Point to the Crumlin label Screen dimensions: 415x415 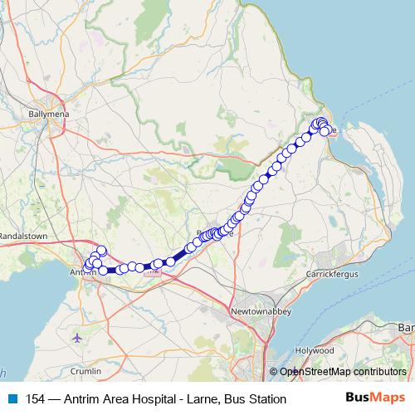coord(86,369)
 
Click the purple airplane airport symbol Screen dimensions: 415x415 coord(78,338)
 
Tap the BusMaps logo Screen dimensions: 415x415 coord(375,398)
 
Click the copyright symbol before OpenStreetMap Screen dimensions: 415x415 coord(275,372)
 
